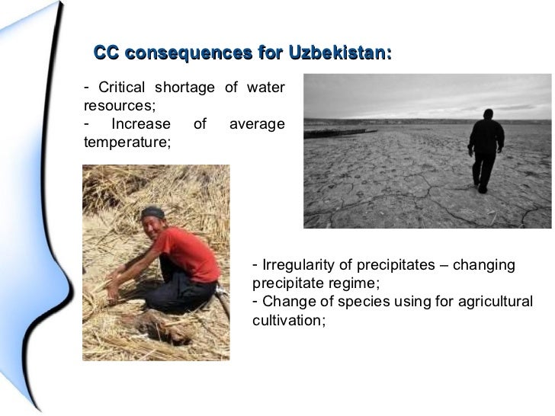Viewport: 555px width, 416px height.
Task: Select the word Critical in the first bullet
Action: point(124,88)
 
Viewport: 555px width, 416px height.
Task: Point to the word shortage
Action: point(186,88)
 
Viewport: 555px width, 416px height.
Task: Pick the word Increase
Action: point(141,123)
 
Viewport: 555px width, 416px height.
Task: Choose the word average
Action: point(257,123)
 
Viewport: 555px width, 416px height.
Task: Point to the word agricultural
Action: point(496,302)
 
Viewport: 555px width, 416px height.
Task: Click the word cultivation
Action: point(287,320)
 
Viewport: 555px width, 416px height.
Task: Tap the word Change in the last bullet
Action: point(283,302)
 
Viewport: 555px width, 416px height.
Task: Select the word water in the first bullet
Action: point(265,88)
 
